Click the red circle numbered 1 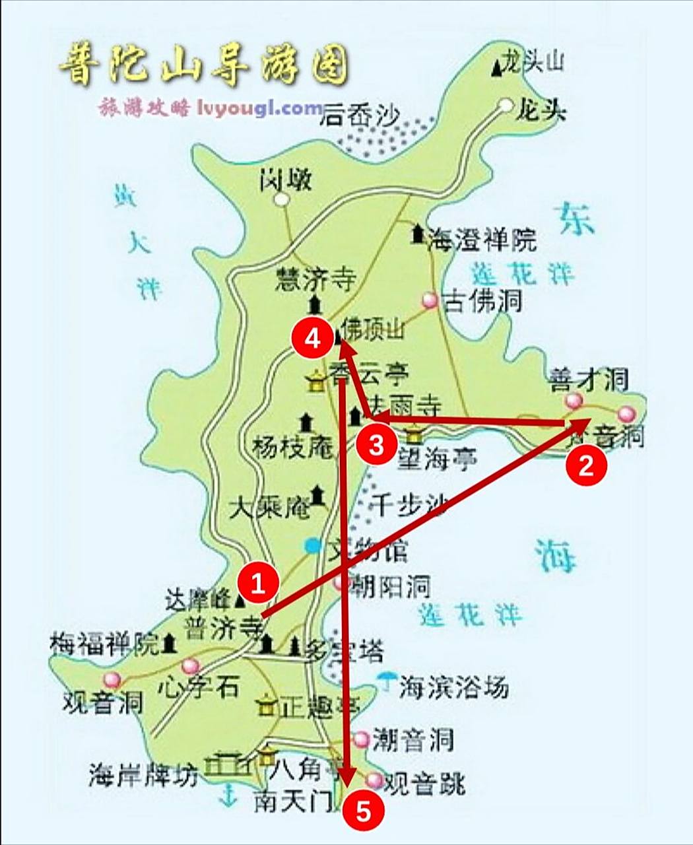pyautogui.click(x=258, y=583)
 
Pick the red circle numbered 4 pyautogui.click(x=313, y=339)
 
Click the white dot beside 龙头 pyautogui.click(x=506, y=104)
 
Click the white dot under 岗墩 pyautogui.click(x=282, y=199)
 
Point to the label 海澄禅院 pyautogui.click(x=482, y=239)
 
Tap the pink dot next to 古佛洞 pyautogui.click(x=430, y=300)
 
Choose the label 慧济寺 pyautogui.click(x=315, y=279)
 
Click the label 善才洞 pyautogui.click(x=589, y=380)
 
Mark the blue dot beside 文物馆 pyautogui.click(x=312, y=545)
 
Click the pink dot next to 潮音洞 pyautogui.click(x=362, y=737)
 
